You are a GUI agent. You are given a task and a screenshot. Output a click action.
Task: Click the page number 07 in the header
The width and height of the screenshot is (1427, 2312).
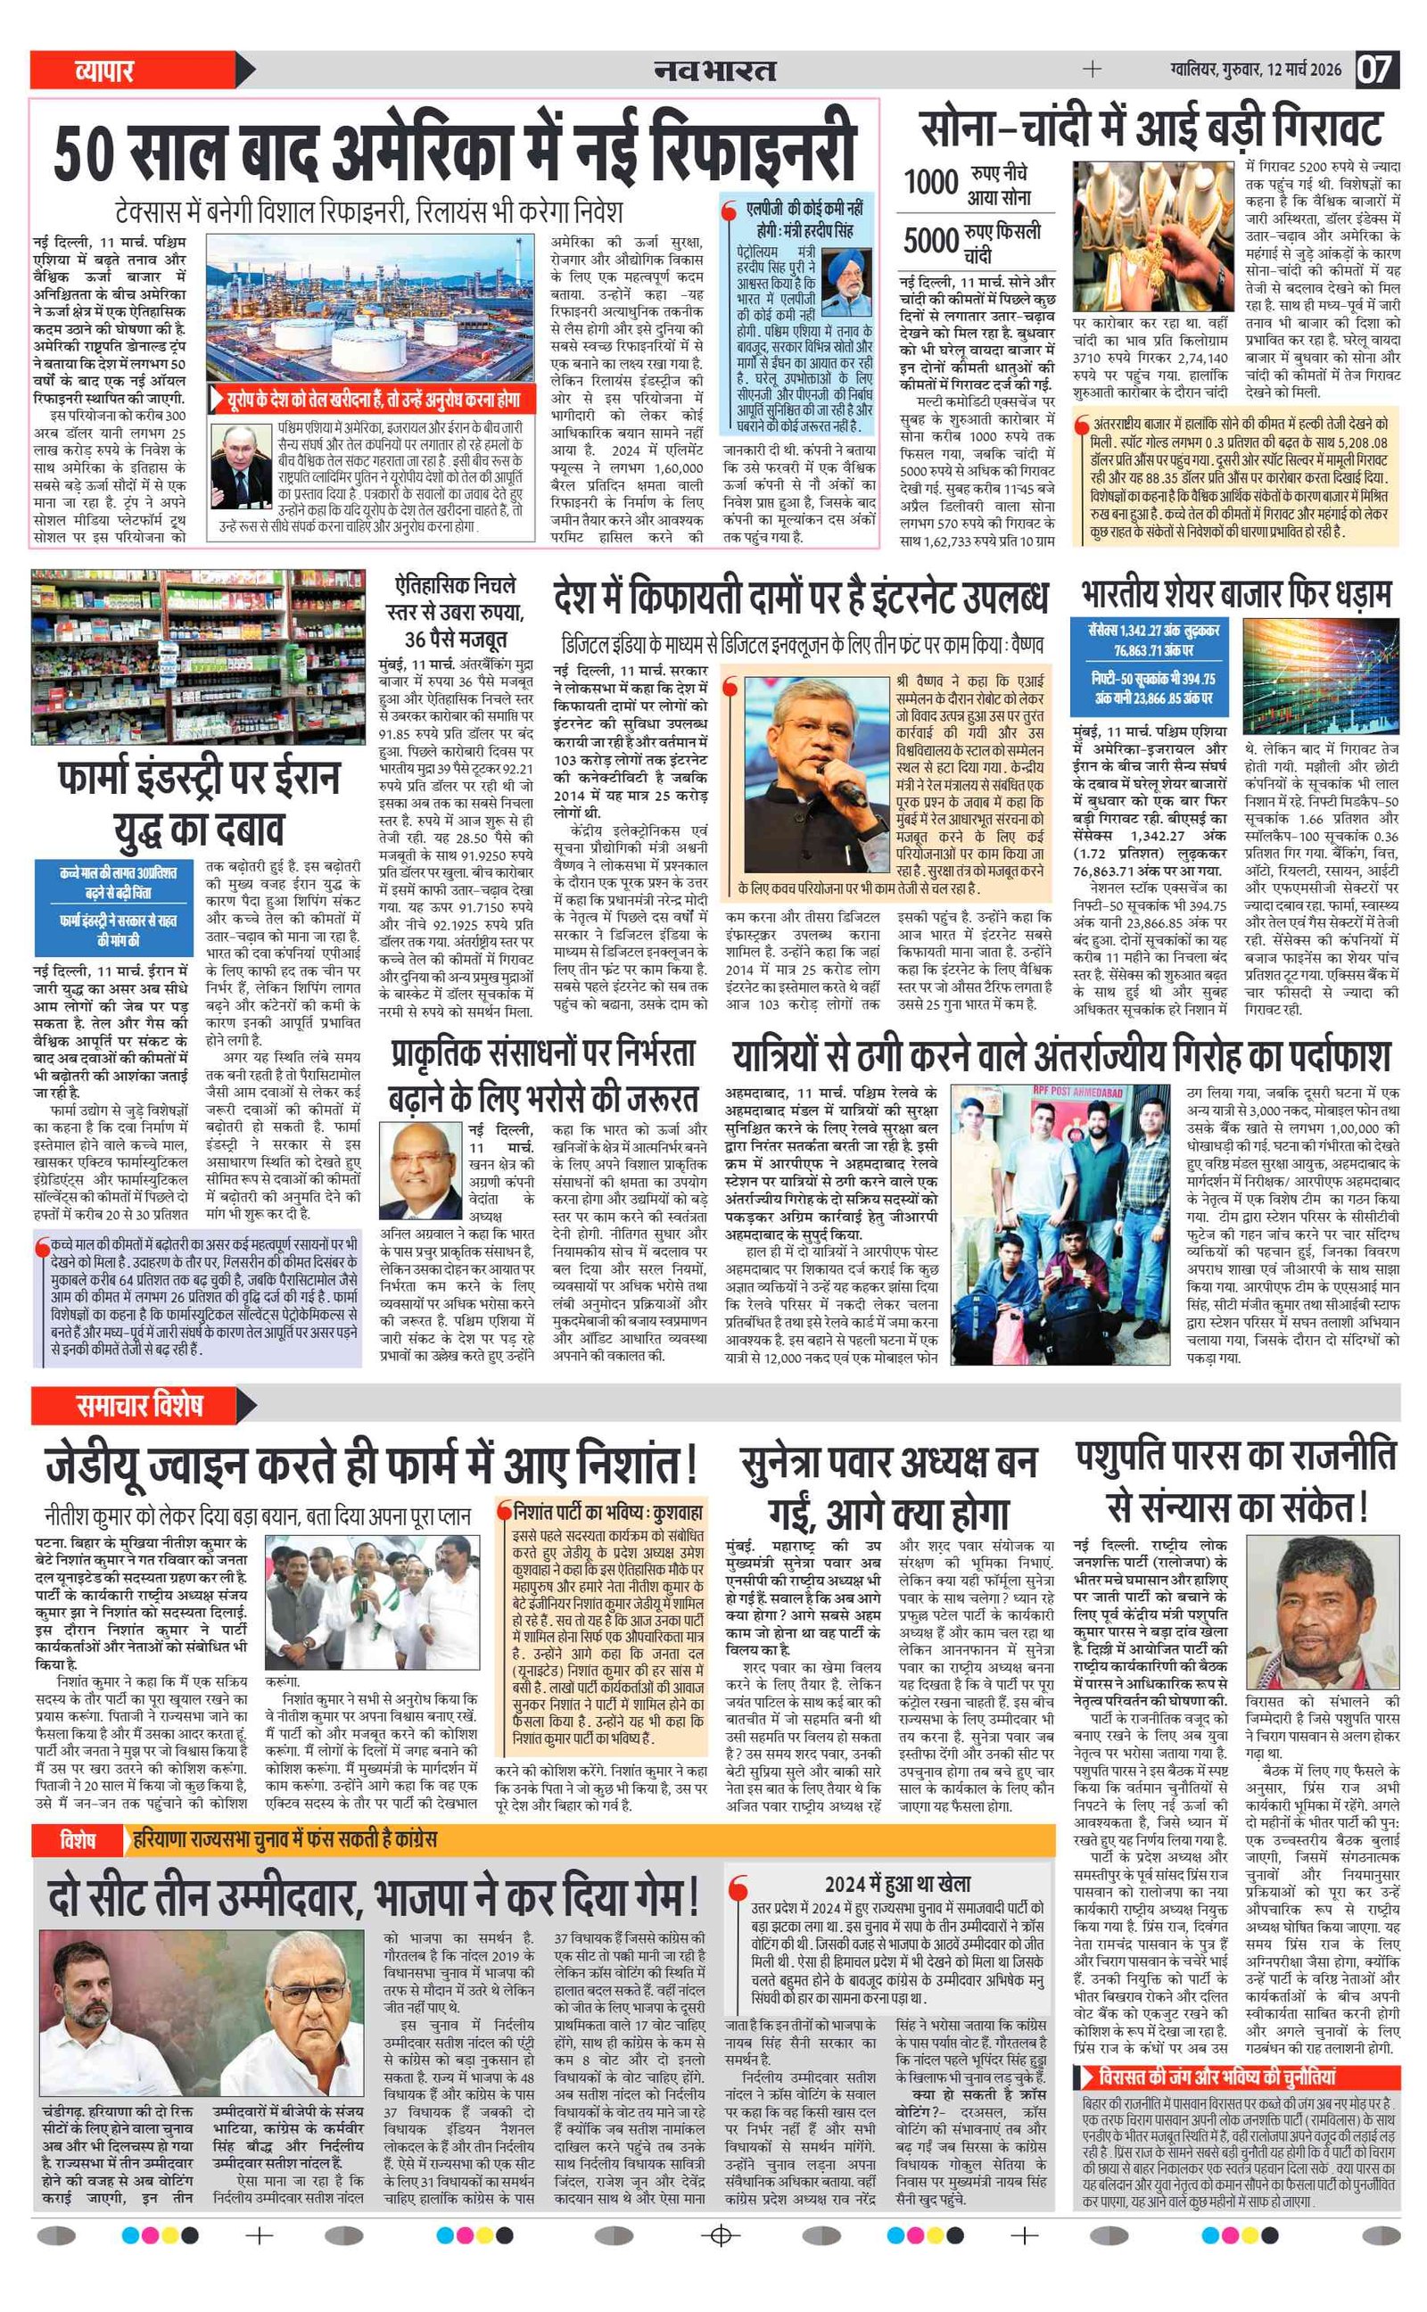coord(1376,70)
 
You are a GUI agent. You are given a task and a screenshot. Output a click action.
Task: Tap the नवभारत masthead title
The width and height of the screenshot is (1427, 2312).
coord(715,70)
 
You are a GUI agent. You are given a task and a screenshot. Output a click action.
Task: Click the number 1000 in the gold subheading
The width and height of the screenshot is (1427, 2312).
coord(930,181)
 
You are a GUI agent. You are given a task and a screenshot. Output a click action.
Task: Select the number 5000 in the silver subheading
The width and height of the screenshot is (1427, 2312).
coord(930,240)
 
